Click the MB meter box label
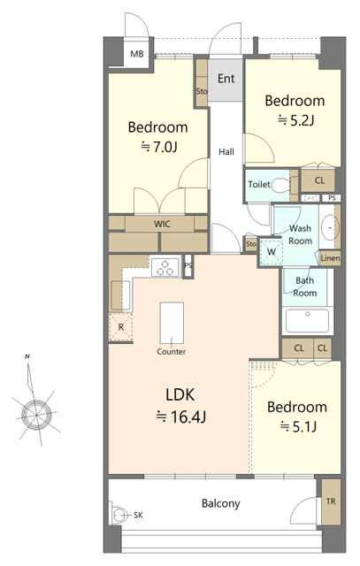(x=137, y=54)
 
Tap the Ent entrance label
(x=226, y=79)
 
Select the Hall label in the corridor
(x=226, y=151)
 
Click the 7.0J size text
(x=159, y=147)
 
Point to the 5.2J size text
(x=295, y=120)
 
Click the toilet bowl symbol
(x=280, y=186)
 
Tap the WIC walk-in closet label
(x=162, y=224)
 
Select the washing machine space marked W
(x=271, y=251)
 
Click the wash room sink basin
(x=329, y=227)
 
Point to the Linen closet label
(x=330, y=258)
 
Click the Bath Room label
(x=304, y=287)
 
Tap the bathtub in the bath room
(x=307, y=320)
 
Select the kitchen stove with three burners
(x=165, y=267)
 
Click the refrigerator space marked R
(x=121, y=327)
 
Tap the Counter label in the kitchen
(x=171, y=351)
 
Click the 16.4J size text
(x=180, y=417)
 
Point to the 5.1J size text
(x=299, y=427)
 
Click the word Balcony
(x=220, y=503)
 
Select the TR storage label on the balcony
(x=331, y=501)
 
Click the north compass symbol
(x=36, y=414)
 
